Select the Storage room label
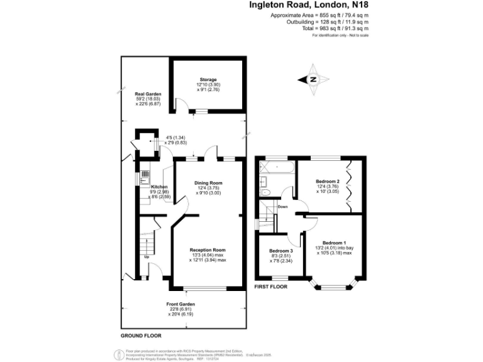click(208, 80)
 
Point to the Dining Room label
click(208, 183)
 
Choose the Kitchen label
click(159, 187)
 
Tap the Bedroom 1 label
click(334, 243)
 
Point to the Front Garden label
click(180, 304)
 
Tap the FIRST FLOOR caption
click(270, 287)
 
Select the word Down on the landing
click(282, 206)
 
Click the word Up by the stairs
click(147, 257)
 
